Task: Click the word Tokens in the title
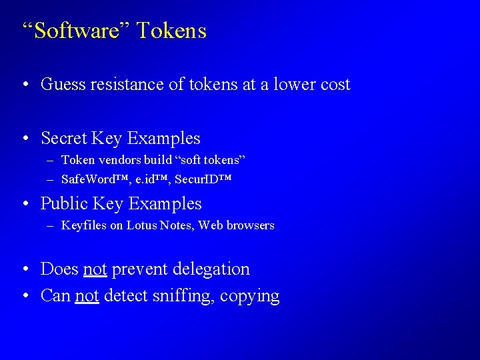(173, 31)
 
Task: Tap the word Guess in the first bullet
(64, 85)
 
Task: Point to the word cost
(333, 85)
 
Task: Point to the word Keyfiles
(83, 225)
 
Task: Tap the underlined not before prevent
(95, 269)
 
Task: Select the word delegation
(211, 269)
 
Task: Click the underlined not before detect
(87, 295)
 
